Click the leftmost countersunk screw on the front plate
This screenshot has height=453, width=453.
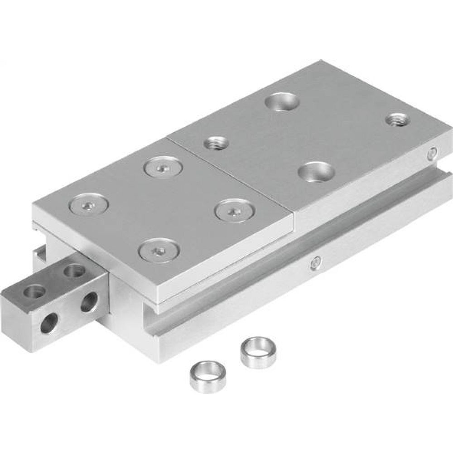coord(88,205)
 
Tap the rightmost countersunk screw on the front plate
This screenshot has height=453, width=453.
coord(233,210)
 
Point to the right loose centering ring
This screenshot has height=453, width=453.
coord(258,352)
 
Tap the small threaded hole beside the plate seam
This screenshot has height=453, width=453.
coord(216,144)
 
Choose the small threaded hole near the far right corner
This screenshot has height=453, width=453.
coord(398,120)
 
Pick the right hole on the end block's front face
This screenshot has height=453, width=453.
coord(89,302)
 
